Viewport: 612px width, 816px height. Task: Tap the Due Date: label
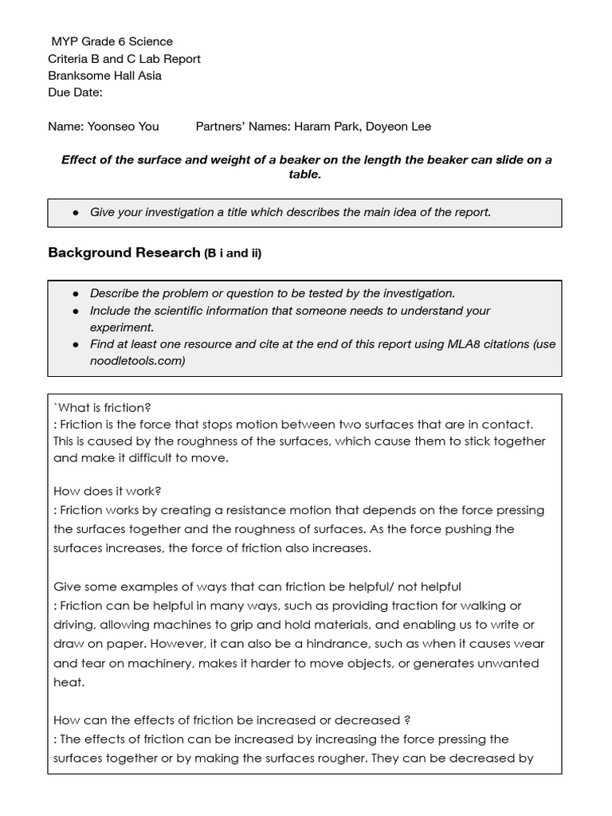pyautogui.click(x=75, y=92)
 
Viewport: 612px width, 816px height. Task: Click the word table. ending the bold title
pyautogui.click(x=304, y=175)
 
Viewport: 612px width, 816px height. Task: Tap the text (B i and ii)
pyautogui.click(x=233, y=253)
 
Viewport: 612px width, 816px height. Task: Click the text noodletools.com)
pyautogui.click(x=137, y=361)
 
